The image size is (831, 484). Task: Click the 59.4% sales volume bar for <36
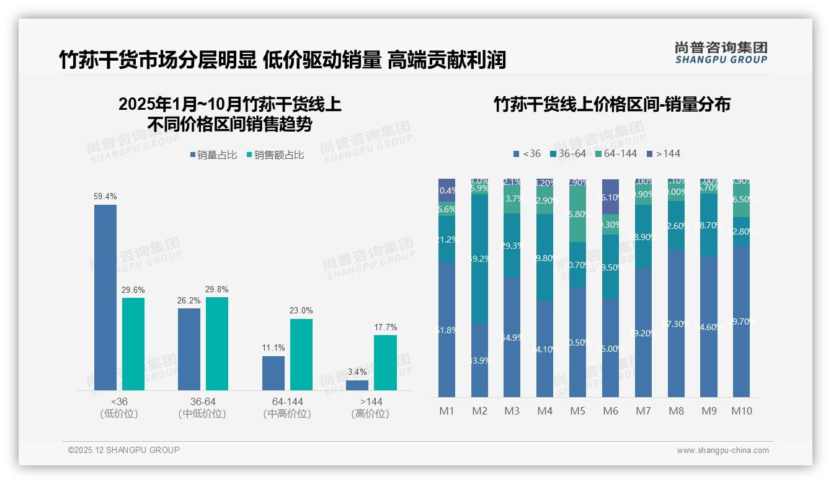[x=105, y=297]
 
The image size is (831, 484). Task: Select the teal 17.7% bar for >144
[x=385, y=362]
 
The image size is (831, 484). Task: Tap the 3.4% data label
[x=357, y=372]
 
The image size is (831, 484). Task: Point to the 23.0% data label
[x=301, y=310]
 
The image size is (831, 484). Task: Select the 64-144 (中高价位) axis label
[x=287, y=408]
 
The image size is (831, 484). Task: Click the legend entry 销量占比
[x=213, y=155]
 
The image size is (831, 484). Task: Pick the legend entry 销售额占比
[x=275, y=155]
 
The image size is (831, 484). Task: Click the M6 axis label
[x=610, y=411]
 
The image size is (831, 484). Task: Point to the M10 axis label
[x=742, y=411]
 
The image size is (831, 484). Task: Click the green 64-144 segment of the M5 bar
[x=577, y=214]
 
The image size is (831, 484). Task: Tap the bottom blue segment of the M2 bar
[x=479, y=360]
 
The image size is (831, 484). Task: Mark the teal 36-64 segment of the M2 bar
[x=479, y=259]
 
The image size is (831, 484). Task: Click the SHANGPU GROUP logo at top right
[x=721, y=53]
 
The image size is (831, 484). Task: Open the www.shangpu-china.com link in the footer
[x=722, y=450]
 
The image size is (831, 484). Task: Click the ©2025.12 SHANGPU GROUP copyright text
[x=124, y=450]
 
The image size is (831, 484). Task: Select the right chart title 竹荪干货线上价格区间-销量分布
[x=611, y=104]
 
